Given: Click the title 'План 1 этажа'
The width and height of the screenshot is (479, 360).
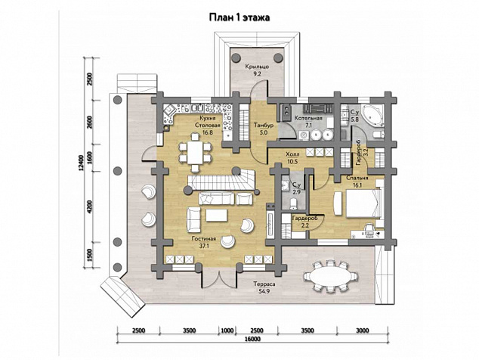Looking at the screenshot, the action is point(239,17).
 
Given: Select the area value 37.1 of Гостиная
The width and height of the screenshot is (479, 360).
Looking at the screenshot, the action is point(203,245).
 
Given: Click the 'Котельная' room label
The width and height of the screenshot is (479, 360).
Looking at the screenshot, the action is point(308,118).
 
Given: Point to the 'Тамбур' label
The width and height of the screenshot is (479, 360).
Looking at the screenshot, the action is point(264,126).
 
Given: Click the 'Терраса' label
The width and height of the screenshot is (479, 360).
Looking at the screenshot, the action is point(264,284).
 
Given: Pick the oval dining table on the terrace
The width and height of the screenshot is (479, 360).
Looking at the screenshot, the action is point(329,277).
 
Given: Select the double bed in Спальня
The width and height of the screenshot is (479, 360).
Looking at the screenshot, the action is point(363,203).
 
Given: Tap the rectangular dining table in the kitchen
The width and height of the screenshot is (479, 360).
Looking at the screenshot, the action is point(195,152).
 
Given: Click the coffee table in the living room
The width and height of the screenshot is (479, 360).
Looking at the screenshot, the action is point(217,215).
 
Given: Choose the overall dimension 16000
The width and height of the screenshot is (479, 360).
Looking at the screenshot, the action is point(252,339).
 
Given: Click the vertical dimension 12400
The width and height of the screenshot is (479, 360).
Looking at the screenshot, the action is point(81,163).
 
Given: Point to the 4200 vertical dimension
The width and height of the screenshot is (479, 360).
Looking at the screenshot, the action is point(89,206).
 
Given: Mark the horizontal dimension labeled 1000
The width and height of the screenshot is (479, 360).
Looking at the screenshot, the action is point(227,331).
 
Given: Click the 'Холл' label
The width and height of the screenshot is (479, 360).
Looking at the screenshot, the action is point(292,154).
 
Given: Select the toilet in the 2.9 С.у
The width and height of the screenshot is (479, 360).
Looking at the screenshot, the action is point(293,203).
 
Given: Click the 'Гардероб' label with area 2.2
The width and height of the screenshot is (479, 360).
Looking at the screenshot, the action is point(305,219).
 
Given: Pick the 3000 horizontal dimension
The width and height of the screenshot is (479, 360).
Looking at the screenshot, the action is point(363,331).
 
